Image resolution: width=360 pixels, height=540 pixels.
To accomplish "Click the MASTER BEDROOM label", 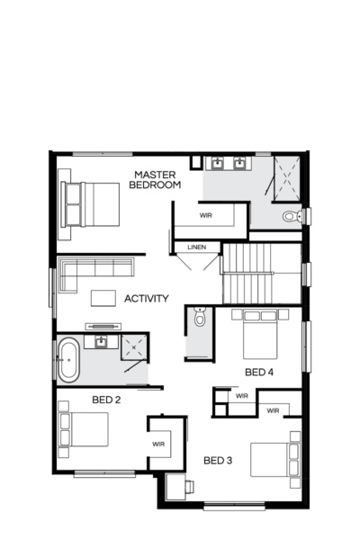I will click(157, 179).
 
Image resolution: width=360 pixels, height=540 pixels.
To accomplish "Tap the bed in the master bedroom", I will click(90, 204).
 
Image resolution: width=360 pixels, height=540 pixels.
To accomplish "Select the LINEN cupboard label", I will click(197, 247).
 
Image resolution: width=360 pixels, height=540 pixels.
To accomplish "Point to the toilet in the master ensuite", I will click(291, 216).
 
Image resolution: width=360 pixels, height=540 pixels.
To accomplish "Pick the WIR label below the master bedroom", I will click(205, 215).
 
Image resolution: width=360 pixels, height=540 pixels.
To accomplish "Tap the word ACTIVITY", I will click(148, 298).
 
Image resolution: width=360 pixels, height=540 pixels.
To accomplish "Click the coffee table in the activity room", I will click(103, 298).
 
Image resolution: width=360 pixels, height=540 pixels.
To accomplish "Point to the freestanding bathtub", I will click(69, 360).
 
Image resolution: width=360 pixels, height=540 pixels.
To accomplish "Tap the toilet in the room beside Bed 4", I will click(200, 317).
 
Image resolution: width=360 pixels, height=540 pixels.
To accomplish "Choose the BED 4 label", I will click(259, 371).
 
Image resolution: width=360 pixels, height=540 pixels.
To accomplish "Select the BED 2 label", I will click(106, 399).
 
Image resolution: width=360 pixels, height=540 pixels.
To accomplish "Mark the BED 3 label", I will click(218, 461).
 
